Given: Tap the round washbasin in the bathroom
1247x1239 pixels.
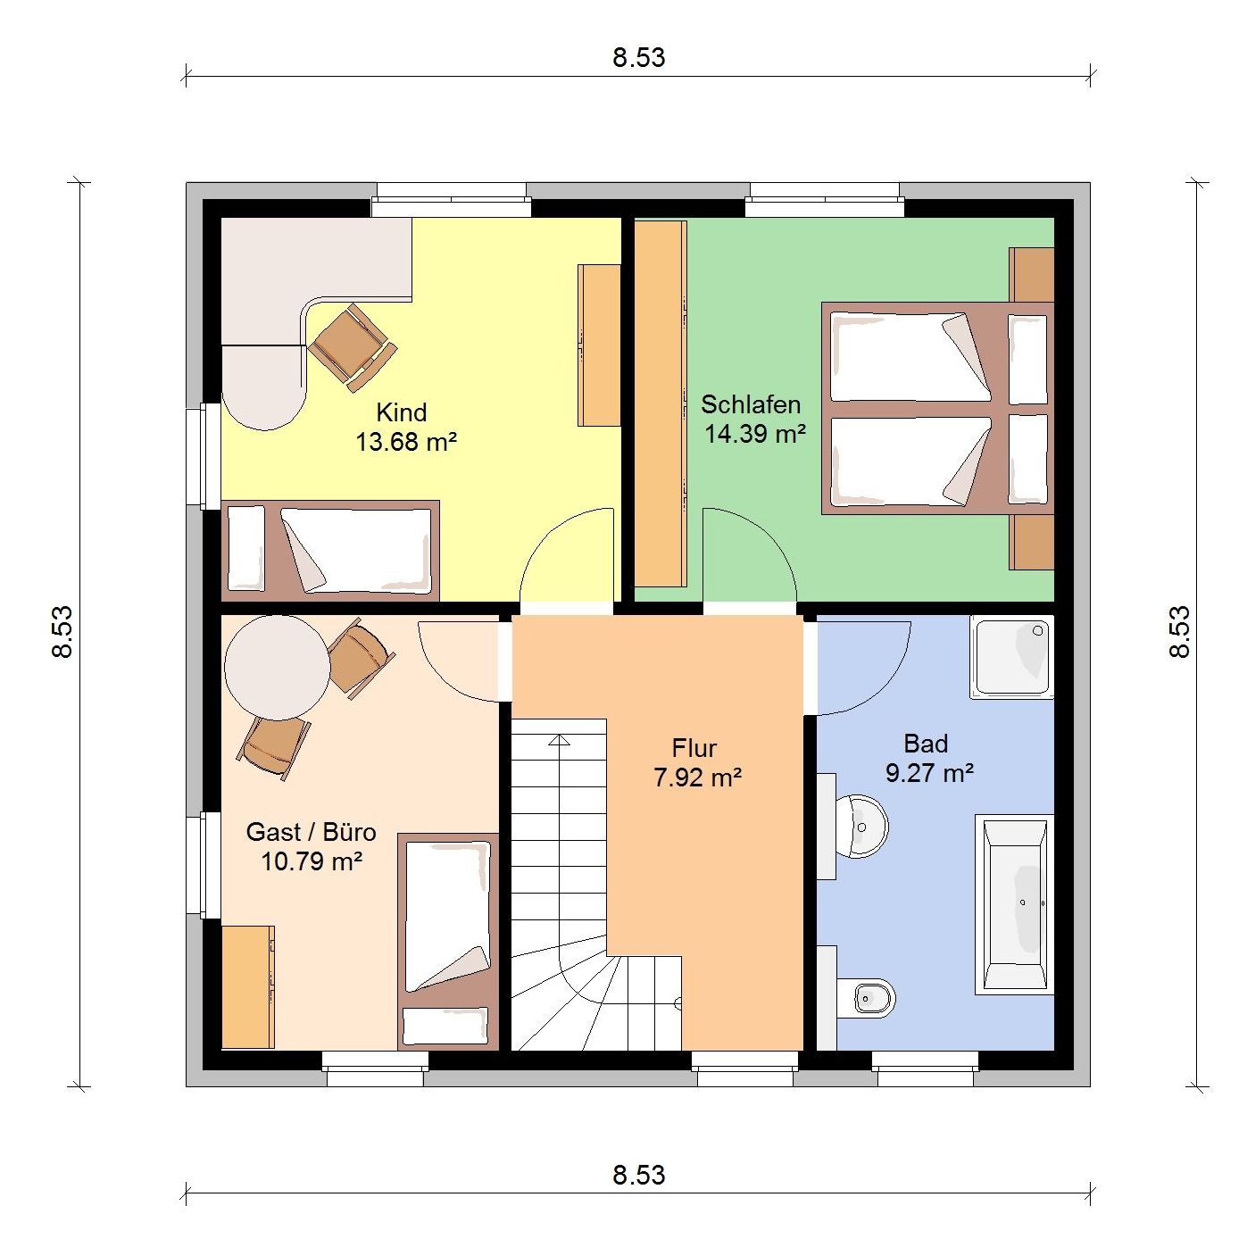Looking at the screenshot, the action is pyautogui.click(x=861, y=827).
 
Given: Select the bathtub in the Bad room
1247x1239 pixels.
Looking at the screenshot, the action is pyautogui.click(x=1014, y=904).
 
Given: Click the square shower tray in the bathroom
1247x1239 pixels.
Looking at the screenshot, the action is pyautogui.click(x=1011, y=656).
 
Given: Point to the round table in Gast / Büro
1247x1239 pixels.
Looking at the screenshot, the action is pyautogui.click(x=278, y=668).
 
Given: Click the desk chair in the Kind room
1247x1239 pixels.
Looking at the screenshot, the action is pyautogui.click(x=352, y=347).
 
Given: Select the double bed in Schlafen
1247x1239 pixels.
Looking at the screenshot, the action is pyautogui.click(x=937, y=408).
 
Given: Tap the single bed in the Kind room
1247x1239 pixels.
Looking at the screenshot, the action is pyautogui.click(x=330, y=551).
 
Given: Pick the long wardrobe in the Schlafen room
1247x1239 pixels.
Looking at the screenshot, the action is pyautogui.click(x=660, y=404).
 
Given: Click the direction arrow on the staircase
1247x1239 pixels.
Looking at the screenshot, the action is pyautogui.click(x=559, y=740).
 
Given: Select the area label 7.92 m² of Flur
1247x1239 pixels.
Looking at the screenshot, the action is pyautogui.click(x=697, y=777).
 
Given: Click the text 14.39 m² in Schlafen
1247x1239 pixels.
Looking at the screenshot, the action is pyautogui.click(x=754, y=434).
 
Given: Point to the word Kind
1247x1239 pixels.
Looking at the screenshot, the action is pyautogui.click(x=401, y=412).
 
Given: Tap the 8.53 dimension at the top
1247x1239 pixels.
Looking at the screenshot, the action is pyautogui.click(x=639, y=58).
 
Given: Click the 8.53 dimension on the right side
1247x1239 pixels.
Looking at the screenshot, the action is pyautogui.click(x=1180, y=632).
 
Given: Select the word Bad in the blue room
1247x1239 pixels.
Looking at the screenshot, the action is pyautogui.click(x=926, y=744).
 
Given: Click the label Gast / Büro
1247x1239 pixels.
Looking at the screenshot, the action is pyautogui.click(x=311, y=832).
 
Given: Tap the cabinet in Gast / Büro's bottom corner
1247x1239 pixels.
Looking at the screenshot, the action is pyautogui.click(x=248, y=987).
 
